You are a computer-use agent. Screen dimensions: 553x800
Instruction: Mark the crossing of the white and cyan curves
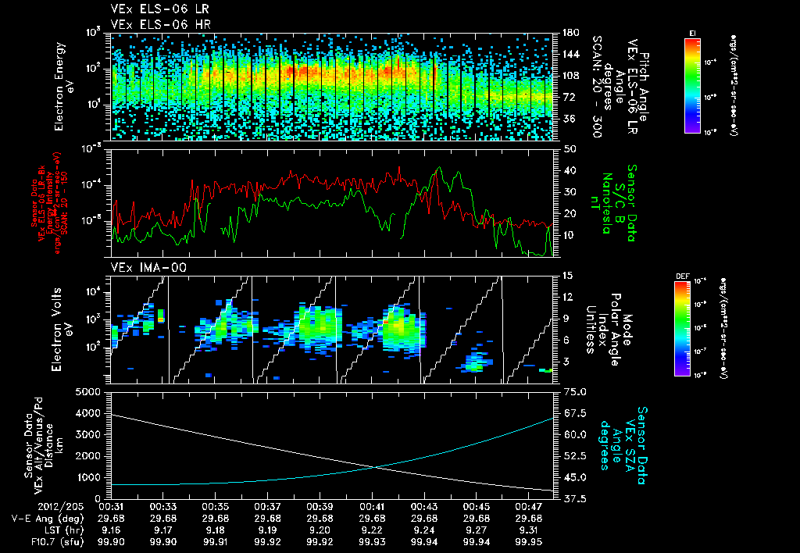click(379, 467)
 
